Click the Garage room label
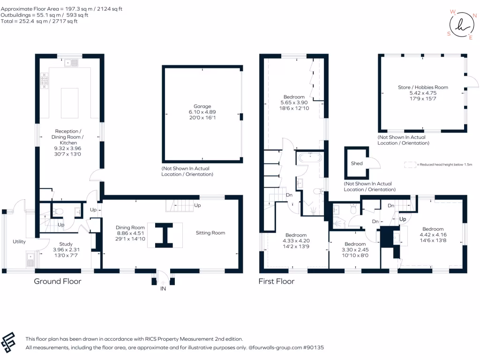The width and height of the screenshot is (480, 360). [x=203, y=106]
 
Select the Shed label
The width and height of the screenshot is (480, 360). [x=357, y=164]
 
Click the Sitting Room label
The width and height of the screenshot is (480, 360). [x=210, y=232]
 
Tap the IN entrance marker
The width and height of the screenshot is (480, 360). [x=163, y=289]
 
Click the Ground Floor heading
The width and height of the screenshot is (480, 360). [x=58, y=281]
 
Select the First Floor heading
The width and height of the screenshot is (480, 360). [x=277, y=281]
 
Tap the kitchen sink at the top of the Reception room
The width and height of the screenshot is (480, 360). [x=72, y=62]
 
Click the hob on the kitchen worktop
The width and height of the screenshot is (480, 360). [x=45, y=80]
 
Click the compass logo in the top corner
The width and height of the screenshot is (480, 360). [x=459, y=23]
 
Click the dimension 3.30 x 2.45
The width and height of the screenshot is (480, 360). [x=355, y=250]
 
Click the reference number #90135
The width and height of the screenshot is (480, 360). [x=313, y=348]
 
